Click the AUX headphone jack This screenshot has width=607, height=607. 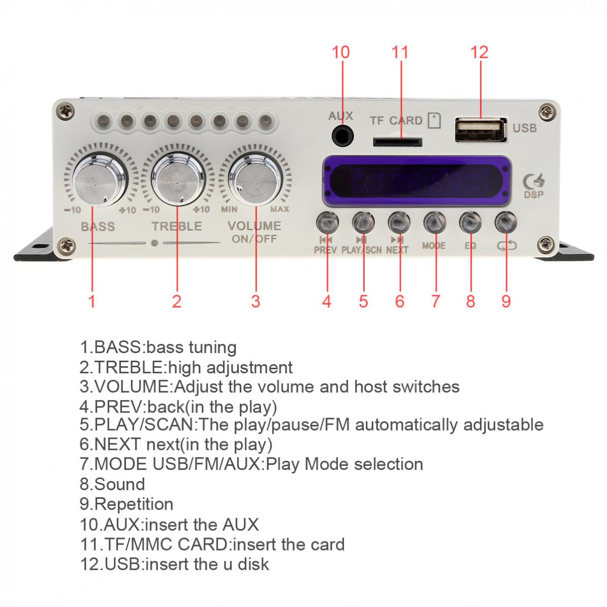pos(341,136)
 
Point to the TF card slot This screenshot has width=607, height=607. pos(398,142)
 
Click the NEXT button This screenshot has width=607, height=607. pos(399,221)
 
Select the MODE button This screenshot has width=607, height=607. pos(435,221)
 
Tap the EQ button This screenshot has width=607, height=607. pos(470,221)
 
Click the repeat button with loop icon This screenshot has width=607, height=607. pos(506,221)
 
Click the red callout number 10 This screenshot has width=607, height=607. pos(341,52)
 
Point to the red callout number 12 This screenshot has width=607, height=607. pos(479,52)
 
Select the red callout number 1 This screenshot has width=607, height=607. pos(92,302)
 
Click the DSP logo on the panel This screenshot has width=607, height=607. pos(533,186)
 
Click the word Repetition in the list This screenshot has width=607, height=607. pos(134,504)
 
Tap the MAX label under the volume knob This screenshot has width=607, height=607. pos(280,209)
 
